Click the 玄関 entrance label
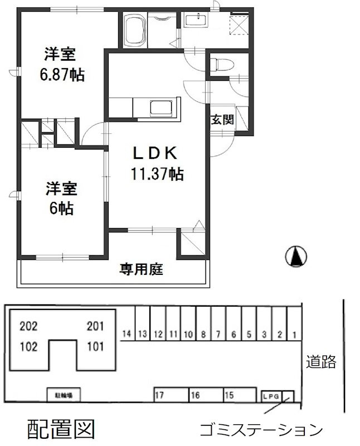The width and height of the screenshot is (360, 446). point(221,119)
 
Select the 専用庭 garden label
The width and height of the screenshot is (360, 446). point(141,270)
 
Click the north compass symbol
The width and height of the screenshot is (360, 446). point(296,256)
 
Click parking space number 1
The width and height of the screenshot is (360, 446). point(294,334)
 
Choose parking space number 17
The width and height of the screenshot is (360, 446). point(159,395)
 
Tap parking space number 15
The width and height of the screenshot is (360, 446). point(229,395)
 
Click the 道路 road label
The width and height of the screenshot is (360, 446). point(321,362)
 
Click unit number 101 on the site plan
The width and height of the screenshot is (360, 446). point(95,346)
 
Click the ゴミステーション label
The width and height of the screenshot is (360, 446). point(261,430)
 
